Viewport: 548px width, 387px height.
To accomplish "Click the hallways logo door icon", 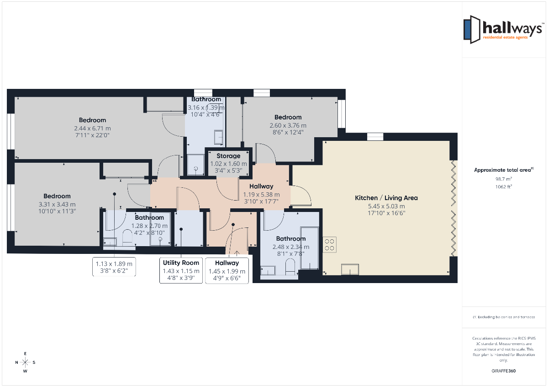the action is click(x=472, y=30).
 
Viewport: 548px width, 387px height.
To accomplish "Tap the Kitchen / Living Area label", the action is click(x=386, y=198).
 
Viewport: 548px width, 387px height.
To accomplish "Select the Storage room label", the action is click(x=228, y=156).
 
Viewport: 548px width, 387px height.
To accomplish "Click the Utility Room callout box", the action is click(x=181, y=270).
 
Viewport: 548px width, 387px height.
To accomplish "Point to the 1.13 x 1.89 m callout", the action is click(x=114, y=267).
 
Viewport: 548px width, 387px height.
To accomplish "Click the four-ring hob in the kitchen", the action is click(x=330, y=245).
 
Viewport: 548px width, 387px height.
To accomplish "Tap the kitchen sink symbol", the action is click(x=350, y=269).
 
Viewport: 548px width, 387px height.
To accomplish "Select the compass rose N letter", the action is click(x=16, y=362).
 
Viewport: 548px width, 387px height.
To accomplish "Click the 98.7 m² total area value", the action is click(x=504, y=179).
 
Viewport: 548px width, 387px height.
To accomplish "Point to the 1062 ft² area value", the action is click(x=504, y=187).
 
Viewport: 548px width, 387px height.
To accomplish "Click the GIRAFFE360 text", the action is click(x=503, y=371).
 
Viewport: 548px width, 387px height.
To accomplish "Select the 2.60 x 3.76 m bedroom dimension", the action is click(x=288, y=125).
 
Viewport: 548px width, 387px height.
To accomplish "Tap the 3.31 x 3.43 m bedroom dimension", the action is click(x=57, y=204).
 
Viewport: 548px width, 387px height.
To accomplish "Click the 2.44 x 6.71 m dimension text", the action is click(x=92, y=128).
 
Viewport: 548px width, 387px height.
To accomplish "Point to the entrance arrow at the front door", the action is click(x=237, y=253).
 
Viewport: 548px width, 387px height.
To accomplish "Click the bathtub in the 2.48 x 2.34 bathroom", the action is click(x=310, y=248).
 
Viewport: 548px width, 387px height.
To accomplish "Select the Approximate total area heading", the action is click(x=504, y=170).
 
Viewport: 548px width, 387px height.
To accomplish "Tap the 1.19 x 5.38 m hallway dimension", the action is click(x=261, y=195).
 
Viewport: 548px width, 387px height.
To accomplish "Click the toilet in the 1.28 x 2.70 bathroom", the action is click(x=127, y=237).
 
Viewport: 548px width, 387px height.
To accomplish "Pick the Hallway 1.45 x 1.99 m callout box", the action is click(x=227, y=271).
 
